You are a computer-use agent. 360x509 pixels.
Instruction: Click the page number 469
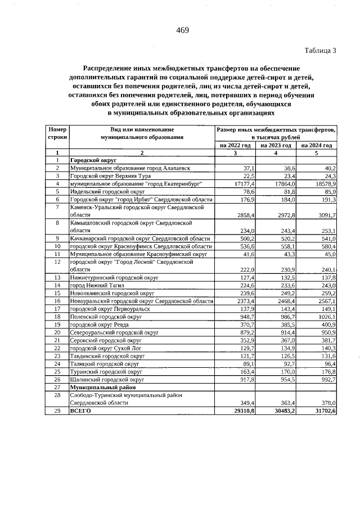pyautogui.click(x=182, y=30)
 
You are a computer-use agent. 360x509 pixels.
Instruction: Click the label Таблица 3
pyautogui.click(x=320, y=51)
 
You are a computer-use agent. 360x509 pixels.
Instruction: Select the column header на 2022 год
pyautogui.click(x=235, y=145)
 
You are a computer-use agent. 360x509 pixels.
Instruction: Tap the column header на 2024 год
pyautogui.click(x=317, y=145)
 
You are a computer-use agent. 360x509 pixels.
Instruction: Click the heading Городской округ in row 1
pyautogui.click(x=92, y=160)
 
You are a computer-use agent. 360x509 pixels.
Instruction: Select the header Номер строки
pyautogui.click(x=57, y=133)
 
